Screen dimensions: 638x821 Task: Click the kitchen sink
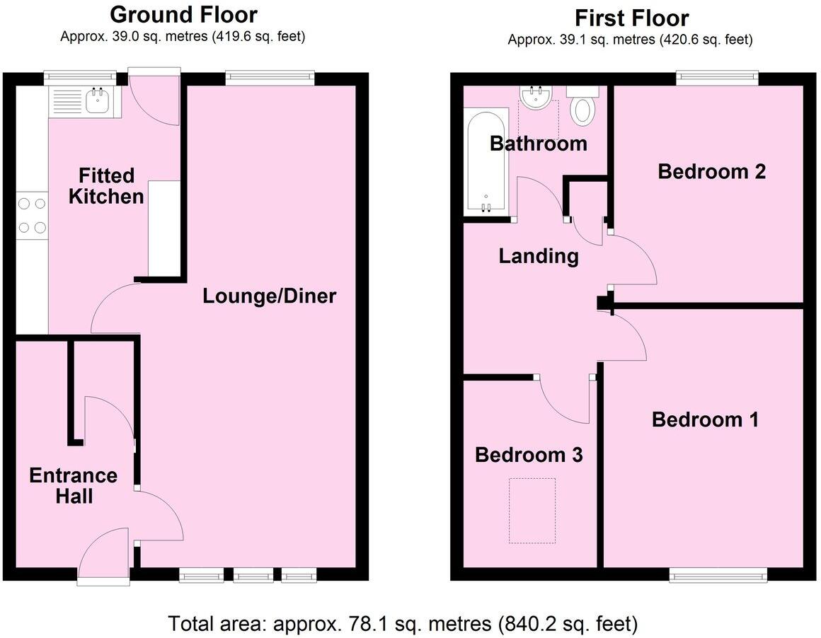[96, 101]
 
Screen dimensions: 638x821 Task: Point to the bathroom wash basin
[535, 97]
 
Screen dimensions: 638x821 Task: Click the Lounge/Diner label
[269, 296]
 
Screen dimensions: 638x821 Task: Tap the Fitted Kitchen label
[106, 185]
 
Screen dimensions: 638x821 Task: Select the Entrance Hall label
[73, 486]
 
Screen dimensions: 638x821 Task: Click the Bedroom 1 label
[705, 419]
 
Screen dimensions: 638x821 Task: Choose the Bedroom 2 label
[711, 171]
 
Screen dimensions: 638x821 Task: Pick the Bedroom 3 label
[529, 455]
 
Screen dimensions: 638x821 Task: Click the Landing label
[539, 255]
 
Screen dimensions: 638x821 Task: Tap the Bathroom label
[539, 144]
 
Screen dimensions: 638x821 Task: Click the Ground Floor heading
[183, 14]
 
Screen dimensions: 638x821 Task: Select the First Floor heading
[631, 17]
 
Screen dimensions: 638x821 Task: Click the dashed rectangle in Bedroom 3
[532, 511]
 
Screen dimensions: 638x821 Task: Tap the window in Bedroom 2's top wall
[717, 78]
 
